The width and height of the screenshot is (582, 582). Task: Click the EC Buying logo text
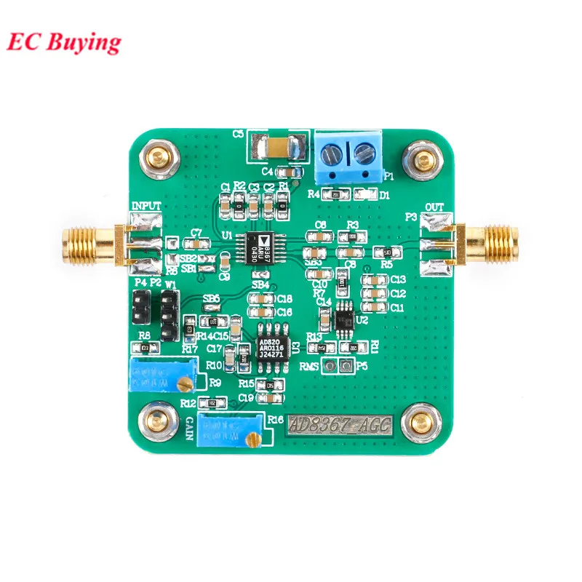[x=64, y=41]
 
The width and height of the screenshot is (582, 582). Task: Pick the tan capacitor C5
[x=274, y=149]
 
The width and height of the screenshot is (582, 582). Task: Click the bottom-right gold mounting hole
[x=420, y=421]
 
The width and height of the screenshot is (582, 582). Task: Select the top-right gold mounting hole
[x=422, y=157]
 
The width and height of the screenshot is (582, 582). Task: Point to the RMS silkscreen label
[x=311, y=367]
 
